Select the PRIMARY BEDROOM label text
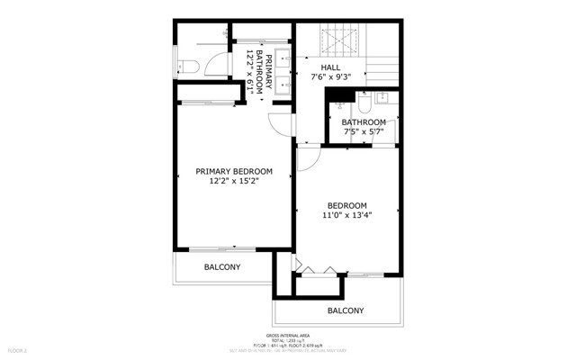(234, 171)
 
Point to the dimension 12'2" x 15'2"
(234, 182)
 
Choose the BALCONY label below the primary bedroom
(222, 267)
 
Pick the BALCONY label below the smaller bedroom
(346, 310)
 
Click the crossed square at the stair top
(341, 42)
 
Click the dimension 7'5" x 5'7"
(363, 133)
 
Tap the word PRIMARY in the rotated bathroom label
(268, 59)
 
